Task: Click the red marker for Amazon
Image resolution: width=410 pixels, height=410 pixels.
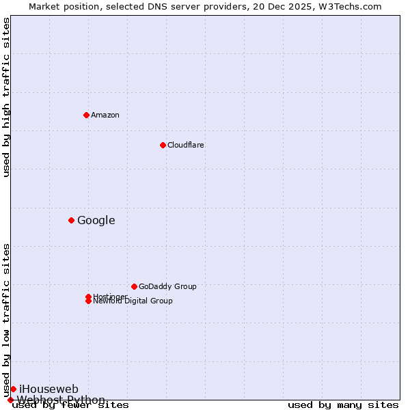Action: tap(86, 115)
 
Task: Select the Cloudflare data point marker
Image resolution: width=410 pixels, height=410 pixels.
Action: tap(163, 145)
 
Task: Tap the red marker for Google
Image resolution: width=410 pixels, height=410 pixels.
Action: tap(71, 220)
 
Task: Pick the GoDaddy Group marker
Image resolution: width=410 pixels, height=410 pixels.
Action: tap(134, 286)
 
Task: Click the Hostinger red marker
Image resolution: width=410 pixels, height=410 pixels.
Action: tap(88, 297)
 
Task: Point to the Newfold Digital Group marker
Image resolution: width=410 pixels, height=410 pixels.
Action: tap(88, 301)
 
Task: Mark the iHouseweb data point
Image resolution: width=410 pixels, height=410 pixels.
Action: tap(13, 389)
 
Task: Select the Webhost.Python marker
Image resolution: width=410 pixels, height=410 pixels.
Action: tap(10, 400)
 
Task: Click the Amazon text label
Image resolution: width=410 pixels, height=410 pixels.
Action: tap(105, 115)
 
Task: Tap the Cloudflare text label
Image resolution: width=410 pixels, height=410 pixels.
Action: tap(185, 145)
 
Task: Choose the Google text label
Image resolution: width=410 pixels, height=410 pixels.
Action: tap(96, 220)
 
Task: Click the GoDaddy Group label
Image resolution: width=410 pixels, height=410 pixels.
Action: tap(167, 286)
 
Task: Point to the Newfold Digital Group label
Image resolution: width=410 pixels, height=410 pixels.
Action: tap(133, 301)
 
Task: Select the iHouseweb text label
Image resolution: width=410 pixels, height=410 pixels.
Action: tap(49, 389)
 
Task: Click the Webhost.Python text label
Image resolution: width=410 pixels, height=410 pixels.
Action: tap(61, 400)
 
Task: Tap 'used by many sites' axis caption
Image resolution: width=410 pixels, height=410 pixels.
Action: tap(343, 405)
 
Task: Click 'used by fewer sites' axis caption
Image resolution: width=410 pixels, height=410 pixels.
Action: tap(70, 405)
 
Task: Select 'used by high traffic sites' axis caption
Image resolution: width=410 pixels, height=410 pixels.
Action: tap(7, 97)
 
